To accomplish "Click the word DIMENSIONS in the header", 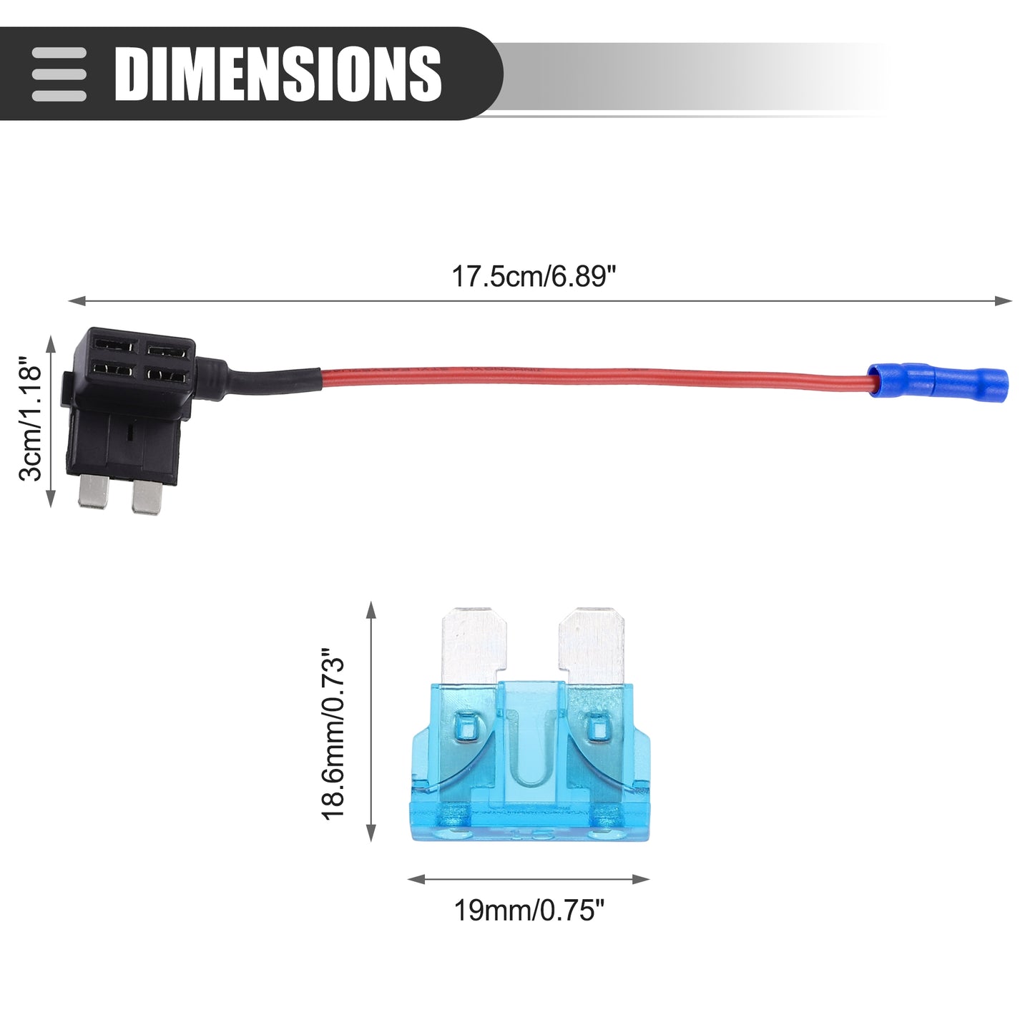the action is (x=278, y=74).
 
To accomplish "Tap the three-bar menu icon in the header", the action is (x=59, y=74).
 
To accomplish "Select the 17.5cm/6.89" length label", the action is (x=534, y=276).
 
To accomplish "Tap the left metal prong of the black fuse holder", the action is (x=94, y=491).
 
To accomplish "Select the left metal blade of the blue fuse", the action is (x=474, y=646).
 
